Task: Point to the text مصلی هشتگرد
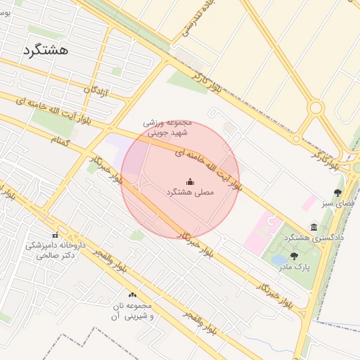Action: tap(189, 192)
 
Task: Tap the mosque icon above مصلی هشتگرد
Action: tap(189, 181)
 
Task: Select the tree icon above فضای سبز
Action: tap(338, 193)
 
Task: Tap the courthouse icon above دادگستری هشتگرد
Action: tap(314, 227)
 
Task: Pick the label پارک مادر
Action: tap(294, 267)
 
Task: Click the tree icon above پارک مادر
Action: tap(294, 257)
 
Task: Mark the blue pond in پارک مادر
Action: tap(278, 260)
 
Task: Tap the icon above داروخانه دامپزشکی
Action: tap(55, 236)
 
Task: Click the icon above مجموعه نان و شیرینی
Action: tap(132, 295)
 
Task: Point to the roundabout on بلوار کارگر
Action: tap(316, 108)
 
